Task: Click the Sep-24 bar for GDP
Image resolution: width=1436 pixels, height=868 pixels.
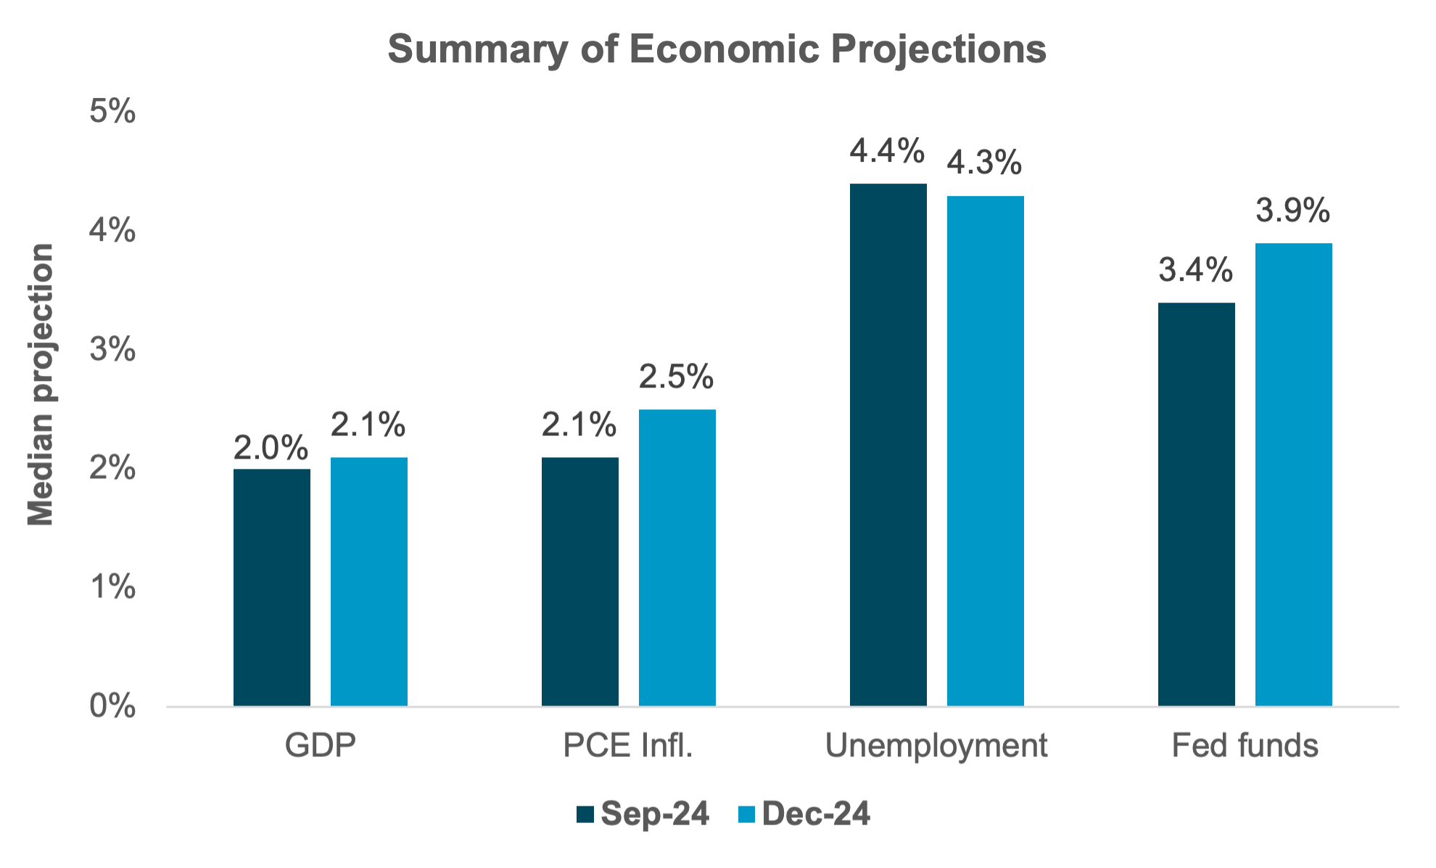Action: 272,588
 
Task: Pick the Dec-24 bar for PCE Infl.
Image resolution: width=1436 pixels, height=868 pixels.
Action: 677,558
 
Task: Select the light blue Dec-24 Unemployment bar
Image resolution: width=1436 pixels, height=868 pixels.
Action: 986,451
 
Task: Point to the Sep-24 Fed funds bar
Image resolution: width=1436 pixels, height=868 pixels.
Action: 1197,504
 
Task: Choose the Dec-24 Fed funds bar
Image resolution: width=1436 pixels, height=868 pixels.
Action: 1294,475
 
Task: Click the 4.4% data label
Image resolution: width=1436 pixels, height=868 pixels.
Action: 888,151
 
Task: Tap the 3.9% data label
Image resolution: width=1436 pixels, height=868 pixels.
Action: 1293,210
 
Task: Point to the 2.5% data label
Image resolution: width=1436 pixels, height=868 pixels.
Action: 677,377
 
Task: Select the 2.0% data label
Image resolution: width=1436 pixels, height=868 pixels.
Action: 271,448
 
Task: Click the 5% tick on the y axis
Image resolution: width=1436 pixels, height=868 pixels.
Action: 112,112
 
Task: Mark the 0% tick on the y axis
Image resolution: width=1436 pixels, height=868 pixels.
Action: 112,705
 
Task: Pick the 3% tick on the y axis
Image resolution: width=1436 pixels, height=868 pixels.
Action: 112,349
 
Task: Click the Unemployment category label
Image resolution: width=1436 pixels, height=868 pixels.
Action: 936,746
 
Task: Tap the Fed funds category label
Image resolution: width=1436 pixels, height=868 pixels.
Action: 1245,746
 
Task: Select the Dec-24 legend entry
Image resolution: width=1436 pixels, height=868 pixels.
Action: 805,814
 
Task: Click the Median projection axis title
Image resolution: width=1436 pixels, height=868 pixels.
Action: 41,385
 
